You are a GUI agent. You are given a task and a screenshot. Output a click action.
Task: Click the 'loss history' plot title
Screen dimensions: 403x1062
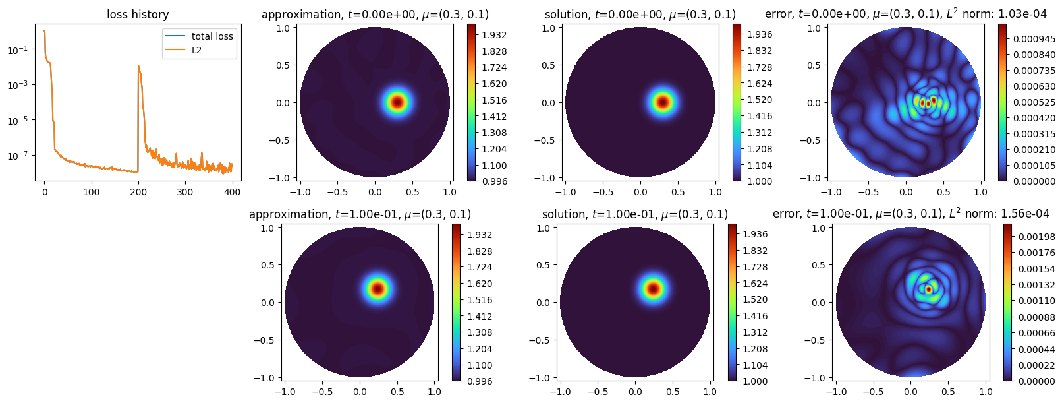(x=138, y=15)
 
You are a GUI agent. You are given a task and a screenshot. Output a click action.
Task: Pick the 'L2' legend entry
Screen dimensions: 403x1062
(x=196, y=50)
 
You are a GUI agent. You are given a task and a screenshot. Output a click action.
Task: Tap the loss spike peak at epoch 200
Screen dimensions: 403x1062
(x=138, y=65)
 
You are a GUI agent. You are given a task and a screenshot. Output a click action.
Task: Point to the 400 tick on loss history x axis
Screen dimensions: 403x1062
(x=233, y=192)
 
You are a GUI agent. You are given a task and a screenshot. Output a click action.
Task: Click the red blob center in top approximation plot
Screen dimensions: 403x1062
(x=397, y=102)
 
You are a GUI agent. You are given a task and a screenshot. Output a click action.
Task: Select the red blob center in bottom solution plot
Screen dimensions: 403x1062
(x=653, y=288)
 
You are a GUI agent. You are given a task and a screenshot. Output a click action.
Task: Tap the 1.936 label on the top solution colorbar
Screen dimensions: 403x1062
(x=760, y=34)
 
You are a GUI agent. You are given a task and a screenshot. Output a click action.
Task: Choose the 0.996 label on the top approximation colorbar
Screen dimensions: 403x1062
(x=494, y=181)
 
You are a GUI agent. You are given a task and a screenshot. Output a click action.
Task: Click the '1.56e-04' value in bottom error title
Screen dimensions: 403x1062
(x=1025, y=214)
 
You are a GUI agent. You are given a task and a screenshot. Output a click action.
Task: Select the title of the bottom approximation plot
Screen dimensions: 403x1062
(x=360, y=214)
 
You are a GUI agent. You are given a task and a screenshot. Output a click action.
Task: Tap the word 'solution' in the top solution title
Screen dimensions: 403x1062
(x=567, y=15)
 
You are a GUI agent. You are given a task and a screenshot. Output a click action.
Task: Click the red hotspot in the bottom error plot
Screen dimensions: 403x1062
(x=928, y=289)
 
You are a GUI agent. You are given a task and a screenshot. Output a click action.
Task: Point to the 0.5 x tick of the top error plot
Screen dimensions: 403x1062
(x=943, y=192)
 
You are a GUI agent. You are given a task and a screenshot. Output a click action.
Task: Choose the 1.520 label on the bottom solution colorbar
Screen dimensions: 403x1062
(x=755, y=299)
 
